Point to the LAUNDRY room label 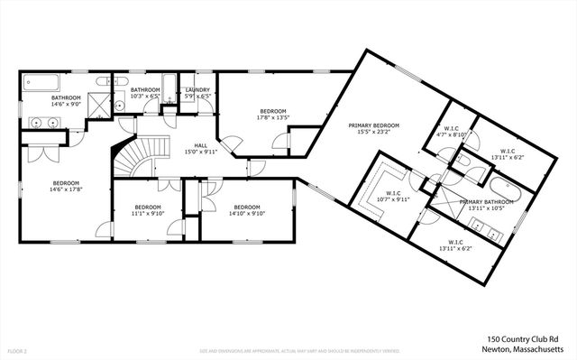click(197, 90)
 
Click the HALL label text click(201, 145)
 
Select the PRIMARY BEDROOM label click(374, 125)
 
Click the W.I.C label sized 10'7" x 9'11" click(393, 198)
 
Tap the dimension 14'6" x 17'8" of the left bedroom click(65, 189)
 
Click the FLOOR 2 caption click(16, 349)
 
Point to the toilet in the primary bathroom click(458, 163)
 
